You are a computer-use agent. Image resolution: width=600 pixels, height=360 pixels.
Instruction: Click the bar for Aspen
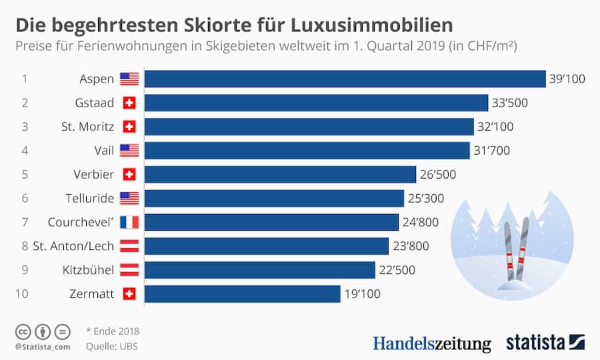click(x=345, y=79)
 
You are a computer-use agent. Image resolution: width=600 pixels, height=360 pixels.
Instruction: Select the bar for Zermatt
click(x=242, y=294)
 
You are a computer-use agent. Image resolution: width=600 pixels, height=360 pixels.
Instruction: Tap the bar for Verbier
click(x=280, y=175)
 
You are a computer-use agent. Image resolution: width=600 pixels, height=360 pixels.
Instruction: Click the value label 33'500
click(x=510, y=103)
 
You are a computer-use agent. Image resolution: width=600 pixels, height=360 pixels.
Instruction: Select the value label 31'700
click(x=491, y=151)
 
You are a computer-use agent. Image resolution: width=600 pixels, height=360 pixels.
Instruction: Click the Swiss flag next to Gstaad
click(x=129, y=103)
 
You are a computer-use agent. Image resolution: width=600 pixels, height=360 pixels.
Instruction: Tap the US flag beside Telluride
click(x=129, y=198)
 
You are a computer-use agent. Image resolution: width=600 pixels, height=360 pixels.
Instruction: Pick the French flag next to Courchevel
click(x=129, y=222)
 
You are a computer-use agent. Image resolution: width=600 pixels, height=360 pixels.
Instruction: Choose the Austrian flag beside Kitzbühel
click(x=129, y=270)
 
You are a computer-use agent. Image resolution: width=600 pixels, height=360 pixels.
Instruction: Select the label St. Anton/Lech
click(x=73, y=246)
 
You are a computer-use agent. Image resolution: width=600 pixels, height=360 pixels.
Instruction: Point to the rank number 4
click(x=25, y=151)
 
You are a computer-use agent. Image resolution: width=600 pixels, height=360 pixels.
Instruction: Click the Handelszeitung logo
click(x=431, y=343)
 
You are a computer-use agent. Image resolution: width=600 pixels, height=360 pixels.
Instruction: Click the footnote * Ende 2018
click(x=113, y=331)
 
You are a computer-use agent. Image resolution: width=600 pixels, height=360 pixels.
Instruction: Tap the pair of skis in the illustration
click(x=514, y=250)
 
